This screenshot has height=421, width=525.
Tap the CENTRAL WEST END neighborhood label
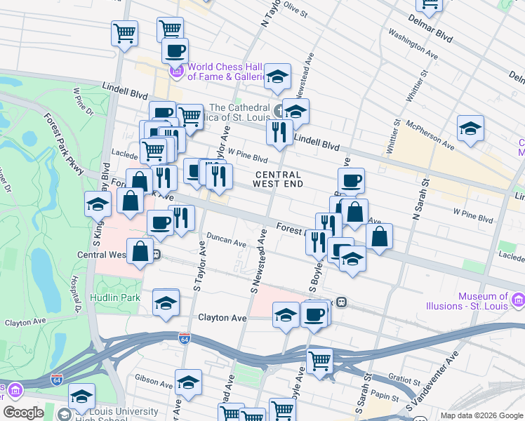pos(278,179)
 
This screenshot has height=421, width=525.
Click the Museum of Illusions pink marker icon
pos(518,300)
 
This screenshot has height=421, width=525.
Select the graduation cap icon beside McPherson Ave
pos(470,128)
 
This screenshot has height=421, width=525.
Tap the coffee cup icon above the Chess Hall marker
pos(175,50)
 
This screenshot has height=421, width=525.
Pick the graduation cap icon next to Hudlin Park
pos(166,302)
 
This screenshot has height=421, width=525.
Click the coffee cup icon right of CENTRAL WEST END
pos(351,180)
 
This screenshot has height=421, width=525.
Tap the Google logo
pos(23,413)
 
